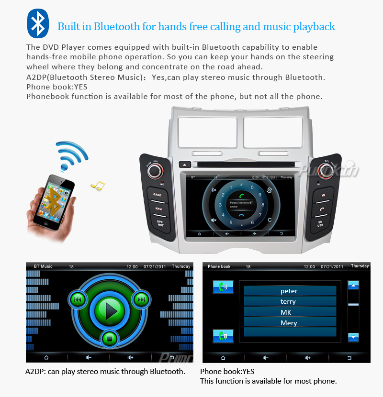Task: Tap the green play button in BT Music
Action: click(x=110, y=311)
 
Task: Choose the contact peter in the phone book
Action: click(x=289, y=291)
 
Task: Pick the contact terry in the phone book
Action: click(x=289, y=301)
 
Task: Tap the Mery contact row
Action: click(x=289, y=323)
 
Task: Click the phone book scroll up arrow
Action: click(x=353, y=286)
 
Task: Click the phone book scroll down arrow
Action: click(x=353, y=337)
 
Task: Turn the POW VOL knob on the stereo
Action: click(x=155, y=171)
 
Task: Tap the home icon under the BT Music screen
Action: click(x=46, y=357)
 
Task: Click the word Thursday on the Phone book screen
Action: click(x=360, y=266)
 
